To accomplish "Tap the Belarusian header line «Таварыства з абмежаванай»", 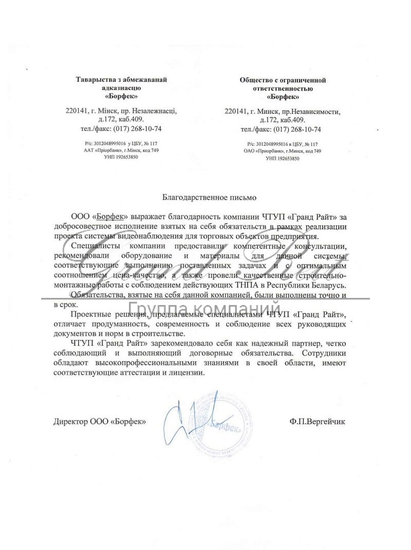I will pyautogui.click(x=121, y=80).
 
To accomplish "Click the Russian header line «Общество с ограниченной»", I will pyautogui.click(x=283, y=80).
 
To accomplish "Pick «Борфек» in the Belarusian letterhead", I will pyautogui.click(x=121, y=96).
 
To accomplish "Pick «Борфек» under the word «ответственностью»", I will pyautogui.click(x=283, y=97).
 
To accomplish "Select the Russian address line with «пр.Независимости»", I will pyautogui.click(x=283, y=111).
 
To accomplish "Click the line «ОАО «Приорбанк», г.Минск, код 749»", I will pyautogui.click(x=283, y=151).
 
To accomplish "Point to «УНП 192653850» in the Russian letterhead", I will pyautogui.click(x=283, y=159).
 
